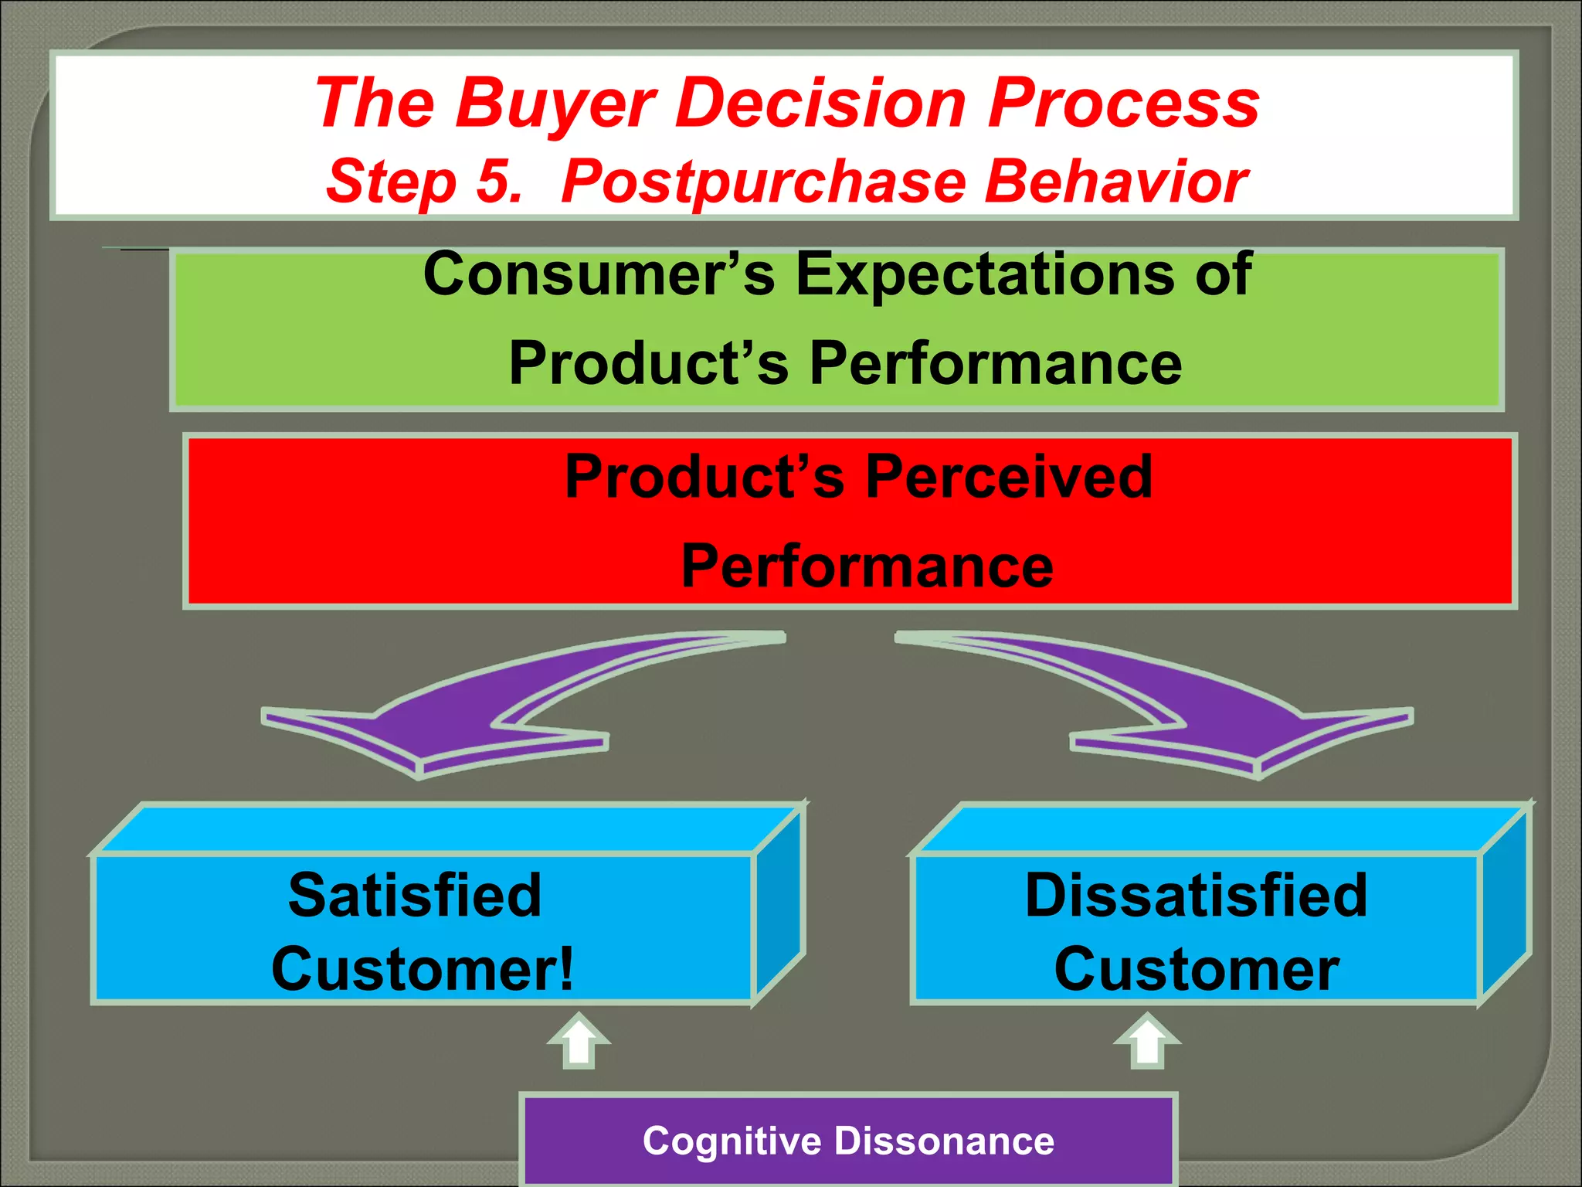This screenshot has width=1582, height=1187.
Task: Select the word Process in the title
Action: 1124,103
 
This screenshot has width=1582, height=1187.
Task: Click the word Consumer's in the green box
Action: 599,274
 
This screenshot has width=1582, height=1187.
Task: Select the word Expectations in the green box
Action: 988,274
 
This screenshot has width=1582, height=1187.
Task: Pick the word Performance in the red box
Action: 867,566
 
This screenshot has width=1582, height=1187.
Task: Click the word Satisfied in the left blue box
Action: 415,895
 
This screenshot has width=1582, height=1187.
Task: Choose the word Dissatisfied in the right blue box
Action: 1196,895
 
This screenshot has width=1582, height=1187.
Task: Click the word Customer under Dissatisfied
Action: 1196,969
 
